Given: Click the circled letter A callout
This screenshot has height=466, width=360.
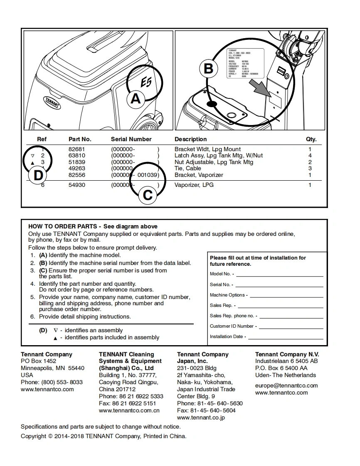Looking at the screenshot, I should (x=136, y=99).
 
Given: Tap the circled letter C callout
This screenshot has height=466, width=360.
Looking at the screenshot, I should (x=148, y=194).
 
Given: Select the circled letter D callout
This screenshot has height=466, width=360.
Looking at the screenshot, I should (x=38, y=175).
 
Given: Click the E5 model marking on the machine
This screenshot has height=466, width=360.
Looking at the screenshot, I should (x=146, y=83).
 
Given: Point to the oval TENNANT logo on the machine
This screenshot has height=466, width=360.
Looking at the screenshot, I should (x=53, y=103).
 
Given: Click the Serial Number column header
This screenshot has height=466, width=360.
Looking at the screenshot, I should (x=131, y=139).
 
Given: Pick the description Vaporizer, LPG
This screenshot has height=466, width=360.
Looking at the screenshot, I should (x=194, y=185).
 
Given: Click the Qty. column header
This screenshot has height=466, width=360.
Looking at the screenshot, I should (x=311, y=139).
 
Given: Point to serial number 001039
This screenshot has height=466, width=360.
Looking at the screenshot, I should (x=148, y=175).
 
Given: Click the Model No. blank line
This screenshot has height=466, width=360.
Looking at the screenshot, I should (x=279, y=275).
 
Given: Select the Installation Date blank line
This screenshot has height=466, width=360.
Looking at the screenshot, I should (x=286, y=338).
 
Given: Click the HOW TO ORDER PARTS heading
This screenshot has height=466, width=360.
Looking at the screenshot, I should (x=64, y=226).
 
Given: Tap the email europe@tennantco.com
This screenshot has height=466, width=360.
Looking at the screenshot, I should (x=286, y=385).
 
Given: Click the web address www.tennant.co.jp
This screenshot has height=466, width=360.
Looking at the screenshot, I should (x=201, y=417).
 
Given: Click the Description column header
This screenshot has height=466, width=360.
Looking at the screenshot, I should (x=190, y=139).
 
